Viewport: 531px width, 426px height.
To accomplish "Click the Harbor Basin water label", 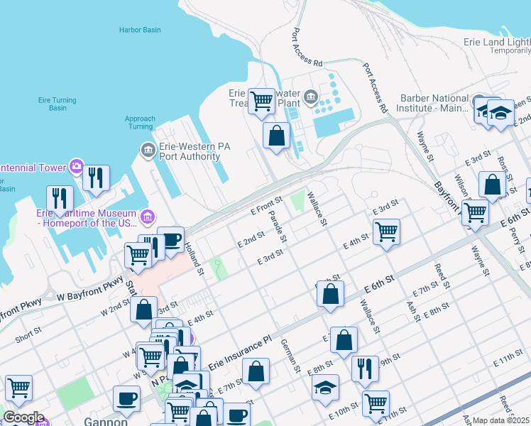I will pyautogui.click(x=140, y=31).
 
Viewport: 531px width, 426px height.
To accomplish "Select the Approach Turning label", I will pyautogui.click(x=140, y=123).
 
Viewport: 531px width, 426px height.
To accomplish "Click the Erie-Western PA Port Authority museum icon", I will pyautogui.click(x=148, y=150).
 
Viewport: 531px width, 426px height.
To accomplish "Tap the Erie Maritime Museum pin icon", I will pyautogui.click(x=148, y=215).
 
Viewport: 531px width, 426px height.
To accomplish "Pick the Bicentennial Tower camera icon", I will pyautogui.click(x=76, y=168).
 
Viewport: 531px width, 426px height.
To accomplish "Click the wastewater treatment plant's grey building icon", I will pyautogui.click(x=310, y=97).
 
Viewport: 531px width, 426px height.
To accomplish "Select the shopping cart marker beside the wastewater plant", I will pyautogui.click(x=261, y=102).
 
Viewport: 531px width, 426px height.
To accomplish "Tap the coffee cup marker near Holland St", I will pyautogui.click(x=170, y=239).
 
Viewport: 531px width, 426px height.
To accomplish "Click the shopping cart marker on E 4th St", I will pyautogui.click(x=386, y=231).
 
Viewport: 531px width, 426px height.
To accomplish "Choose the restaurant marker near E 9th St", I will pyautogui.click(x=365, y=368).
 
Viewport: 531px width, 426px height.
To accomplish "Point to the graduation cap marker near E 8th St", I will pyautogui.click(x=325, y=387).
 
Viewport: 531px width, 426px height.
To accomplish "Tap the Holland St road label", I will pyautogui.click(x=195, y=259).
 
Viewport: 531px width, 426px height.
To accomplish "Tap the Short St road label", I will pyautogui.click(x=28, y=334).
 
